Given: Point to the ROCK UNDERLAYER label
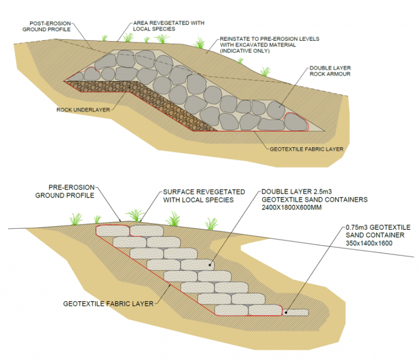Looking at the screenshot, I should click(x=82, y=109).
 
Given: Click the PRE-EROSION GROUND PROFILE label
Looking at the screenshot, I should click(x=64, y=190).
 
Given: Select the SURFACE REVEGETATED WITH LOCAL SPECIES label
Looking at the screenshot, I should click(x=199, y=196).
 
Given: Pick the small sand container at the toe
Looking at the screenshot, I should click(x=296, y=312).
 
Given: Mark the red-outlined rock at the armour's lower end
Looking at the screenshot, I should click(x=296, y=123).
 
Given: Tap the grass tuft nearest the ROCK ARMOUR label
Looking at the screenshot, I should click(x=265, y=71).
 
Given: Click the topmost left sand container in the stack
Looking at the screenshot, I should click(x=113, y=230).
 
